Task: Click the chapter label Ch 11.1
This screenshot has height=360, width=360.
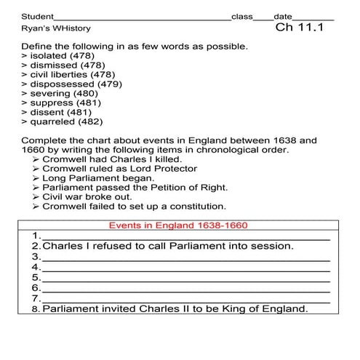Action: click(x=299, y=30)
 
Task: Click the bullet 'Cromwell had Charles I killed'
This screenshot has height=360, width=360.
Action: click(x=113, y=159)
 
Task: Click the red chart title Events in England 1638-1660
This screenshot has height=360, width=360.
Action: click(x=179, y=225)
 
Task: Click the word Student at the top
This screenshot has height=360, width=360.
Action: click(x=38, y=16)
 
